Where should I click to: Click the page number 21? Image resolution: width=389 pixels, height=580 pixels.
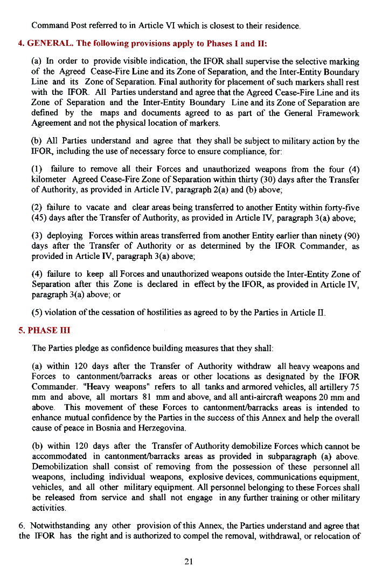(x=189, y=562)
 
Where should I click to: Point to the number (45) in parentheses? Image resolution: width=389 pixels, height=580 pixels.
(x=40, y=217)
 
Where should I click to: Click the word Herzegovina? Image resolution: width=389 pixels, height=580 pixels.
(x=161, y=428)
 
